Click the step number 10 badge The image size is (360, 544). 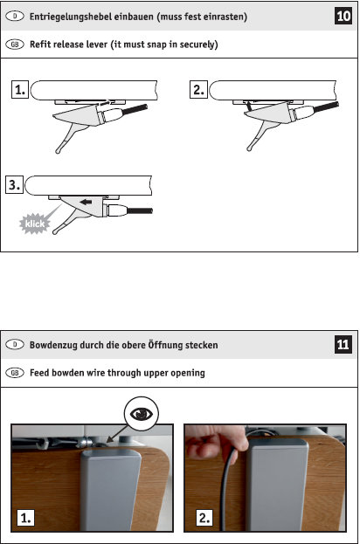click(343, 16)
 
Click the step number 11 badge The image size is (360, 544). click(343, 344)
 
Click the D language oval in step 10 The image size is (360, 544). click(15, 16)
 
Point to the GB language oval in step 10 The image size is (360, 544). click(15, 45)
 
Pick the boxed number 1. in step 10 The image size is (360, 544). click(20, 90)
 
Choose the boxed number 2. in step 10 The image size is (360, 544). click(198, 90)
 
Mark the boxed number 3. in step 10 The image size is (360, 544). click(15, 184)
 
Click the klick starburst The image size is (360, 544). click(35, 224)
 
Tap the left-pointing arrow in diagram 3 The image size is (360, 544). click(86, 202)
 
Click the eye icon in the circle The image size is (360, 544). click(142, 414)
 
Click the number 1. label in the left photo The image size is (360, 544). click(25, 518)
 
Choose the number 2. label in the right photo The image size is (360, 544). click(204, 518)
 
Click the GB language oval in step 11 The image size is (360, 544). click(15, 373)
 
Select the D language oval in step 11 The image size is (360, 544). click(15, 345)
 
